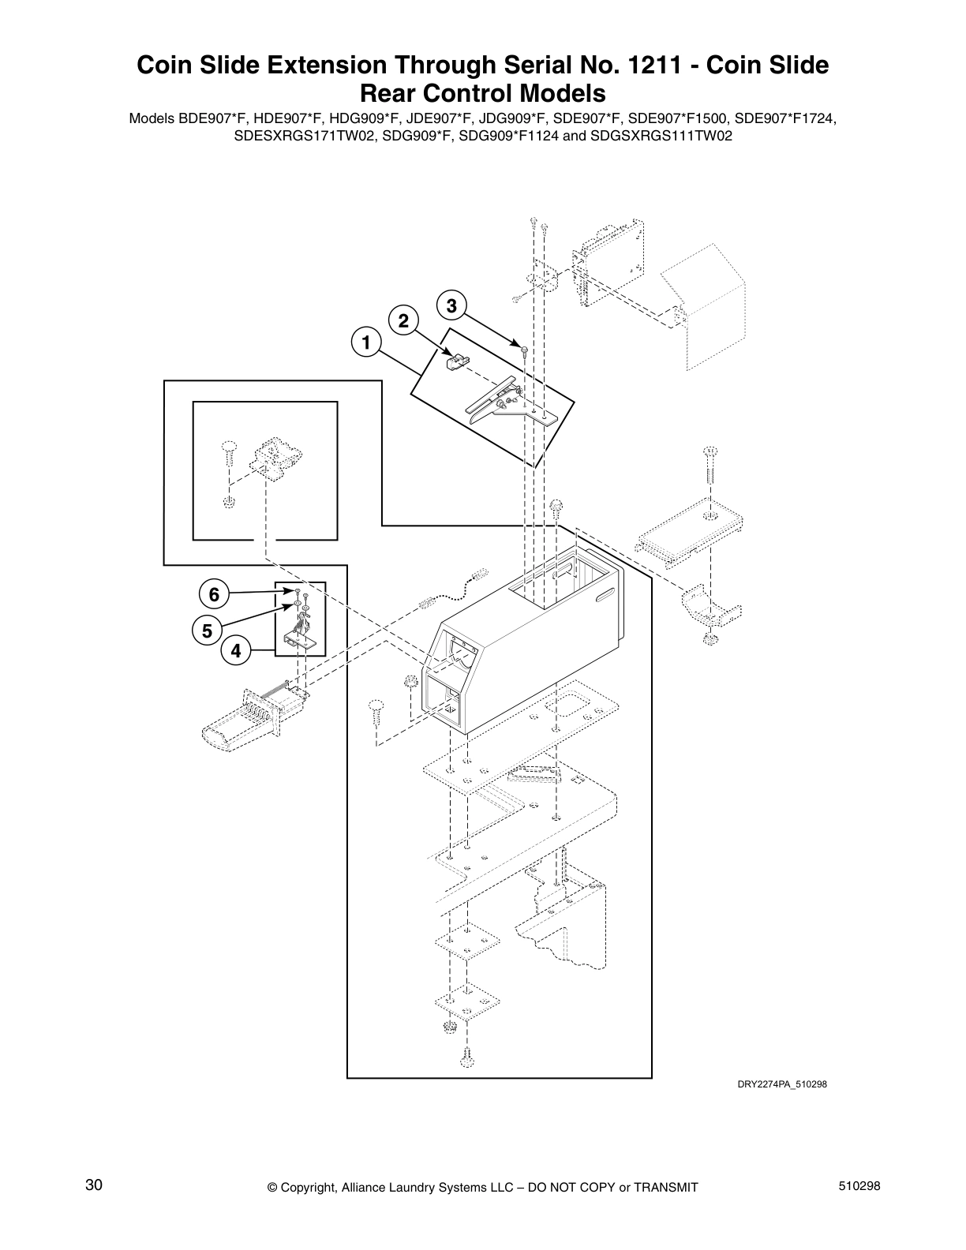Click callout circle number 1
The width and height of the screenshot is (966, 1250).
(365, 343)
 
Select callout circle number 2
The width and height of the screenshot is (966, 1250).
(403, 320)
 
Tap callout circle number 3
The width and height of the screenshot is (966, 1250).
(451, 305)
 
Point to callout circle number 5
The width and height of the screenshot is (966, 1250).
(207, 631)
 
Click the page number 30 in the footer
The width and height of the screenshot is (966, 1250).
(94, 1186)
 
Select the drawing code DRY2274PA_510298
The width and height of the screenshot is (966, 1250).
(781, 1083)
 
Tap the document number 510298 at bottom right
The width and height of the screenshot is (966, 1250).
(859, 1186)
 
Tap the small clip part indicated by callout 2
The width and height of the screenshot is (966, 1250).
(453, 361)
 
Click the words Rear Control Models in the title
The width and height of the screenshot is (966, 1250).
(482, 93)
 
